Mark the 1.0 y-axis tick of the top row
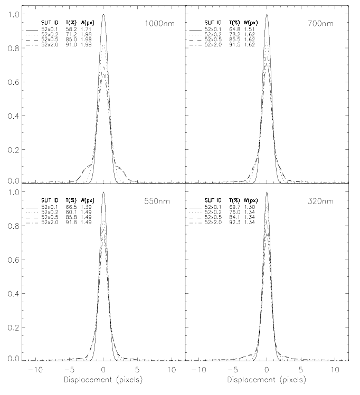[11, 15]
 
